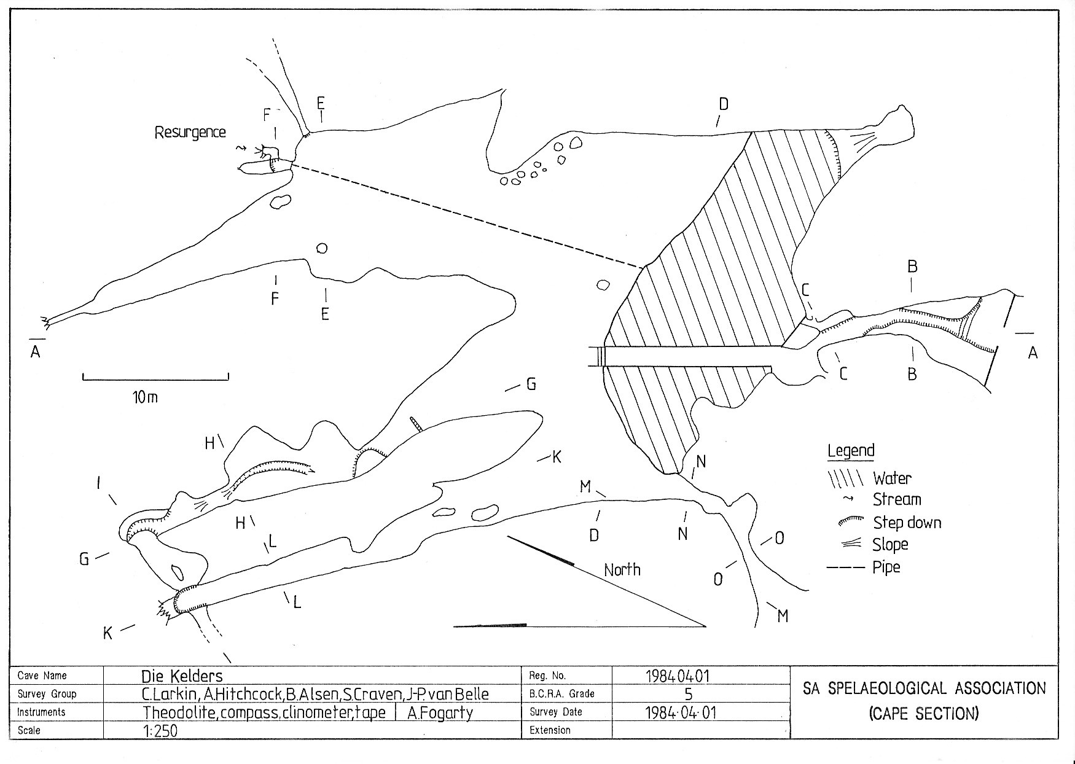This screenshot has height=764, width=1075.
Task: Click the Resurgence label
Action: coord(190,132)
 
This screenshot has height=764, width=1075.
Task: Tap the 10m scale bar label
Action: coord(145,397)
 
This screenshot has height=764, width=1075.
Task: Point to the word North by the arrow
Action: coord(622,569)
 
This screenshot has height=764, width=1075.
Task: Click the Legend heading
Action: coord(851,450)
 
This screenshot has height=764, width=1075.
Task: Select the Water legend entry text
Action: coord(892,478)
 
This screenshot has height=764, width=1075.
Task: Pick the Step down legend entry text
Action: coord(907,523)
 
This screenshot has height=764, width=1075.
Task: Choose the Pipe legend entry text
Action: coord(886,566)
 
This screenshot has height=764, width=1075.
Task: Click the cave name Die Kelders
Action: coord(182,676)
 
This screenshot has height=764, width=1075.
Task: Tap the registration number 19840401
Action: coord(678,676)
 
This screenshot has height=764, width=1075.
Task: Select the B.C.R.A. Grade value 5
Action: coord(688,694)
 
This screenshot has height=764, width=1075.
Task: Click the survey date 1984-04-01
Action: coord(681,712)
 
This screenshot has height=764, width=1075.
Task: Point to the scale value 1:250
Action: coord(160,731)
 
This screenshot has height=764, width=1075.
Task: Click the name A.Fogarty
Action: coord(440,712)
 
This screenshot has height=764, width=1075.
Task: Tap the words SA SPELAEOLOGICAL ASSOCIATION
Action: coord(924,688)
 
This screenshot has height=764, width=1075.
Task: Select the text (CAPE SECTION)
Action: coord(924,713)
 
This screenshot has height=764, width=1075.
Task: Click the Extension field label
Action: coord(550,730)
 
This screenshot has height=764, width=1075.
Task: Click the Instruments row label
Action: coord(41,712)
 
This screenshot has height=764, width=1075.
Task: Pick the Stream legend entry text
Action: coord(897,499)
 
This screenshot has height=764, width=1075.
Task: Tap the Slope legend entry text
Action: coord(890,544)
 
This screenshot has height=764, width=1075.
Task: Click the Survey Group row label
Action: coord(47,694)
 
